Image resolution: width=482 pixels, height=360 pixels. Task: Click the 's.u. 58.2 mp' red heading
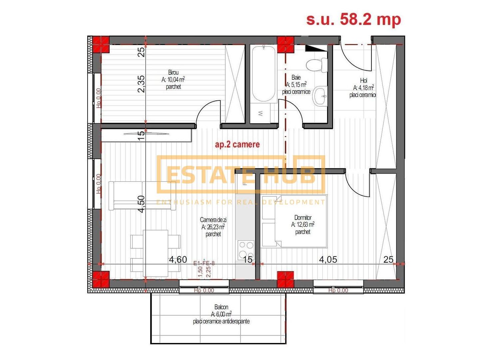(353, 19)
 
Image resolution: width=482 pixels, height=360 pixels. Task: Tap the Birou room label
(173, 72)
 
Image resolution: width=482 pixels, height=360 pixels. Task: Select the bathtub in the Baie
(263, 73)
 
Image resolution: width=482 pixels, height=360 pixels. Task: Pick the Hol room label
(363, 80)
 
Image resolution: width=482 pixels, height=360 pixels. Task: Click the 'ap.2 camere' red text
(237, 144)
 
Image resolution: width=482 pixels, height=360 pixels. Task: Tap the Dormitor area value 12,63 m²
(303, 225)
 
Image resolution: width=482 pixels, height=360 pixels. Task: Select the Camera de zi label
(213, 220)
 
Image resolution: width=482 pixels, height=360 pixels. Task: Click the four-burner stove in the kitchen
(246, 250)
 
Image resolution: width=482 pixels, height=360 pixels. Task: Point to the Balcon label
(221, 307)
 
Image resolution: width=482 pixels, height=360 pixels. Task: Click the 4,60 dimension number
(178, 260)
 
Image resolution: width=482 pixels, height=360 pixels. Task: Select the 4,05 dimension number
(328, 259)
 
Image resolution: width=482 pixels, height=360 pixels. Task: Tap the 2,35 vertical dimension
(141, 84)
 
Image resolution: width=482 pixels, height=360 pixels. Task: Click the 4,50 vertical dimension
(141, 204)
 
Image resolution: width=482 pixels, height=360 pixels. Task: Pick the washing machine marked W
(261, 113)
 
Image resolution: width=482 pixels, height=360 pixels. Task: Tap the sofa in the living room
(142, 196)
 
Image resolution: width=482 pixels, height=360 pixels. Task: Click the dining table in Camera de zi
(156, 253)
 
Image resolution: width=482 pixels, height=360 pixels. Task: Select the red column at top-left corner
(101, 44)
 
